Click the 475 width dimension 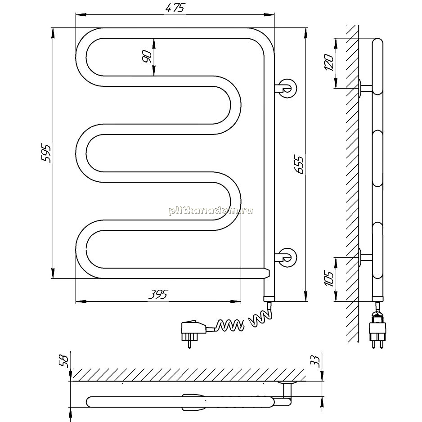click(175, 8)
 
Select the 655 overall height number click(299, 164)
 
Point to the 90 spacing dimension click(147, 57)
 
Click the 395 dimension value click(158, 294)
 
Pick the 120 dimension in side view click(329, 63)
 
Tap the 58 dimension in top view click(64, 361)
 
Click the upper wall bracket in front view click(287, 88)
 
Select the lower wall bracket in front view click(287, 257)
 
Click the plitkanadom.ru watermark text click(211, 211)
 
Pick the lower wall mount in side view click(365, 256)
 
